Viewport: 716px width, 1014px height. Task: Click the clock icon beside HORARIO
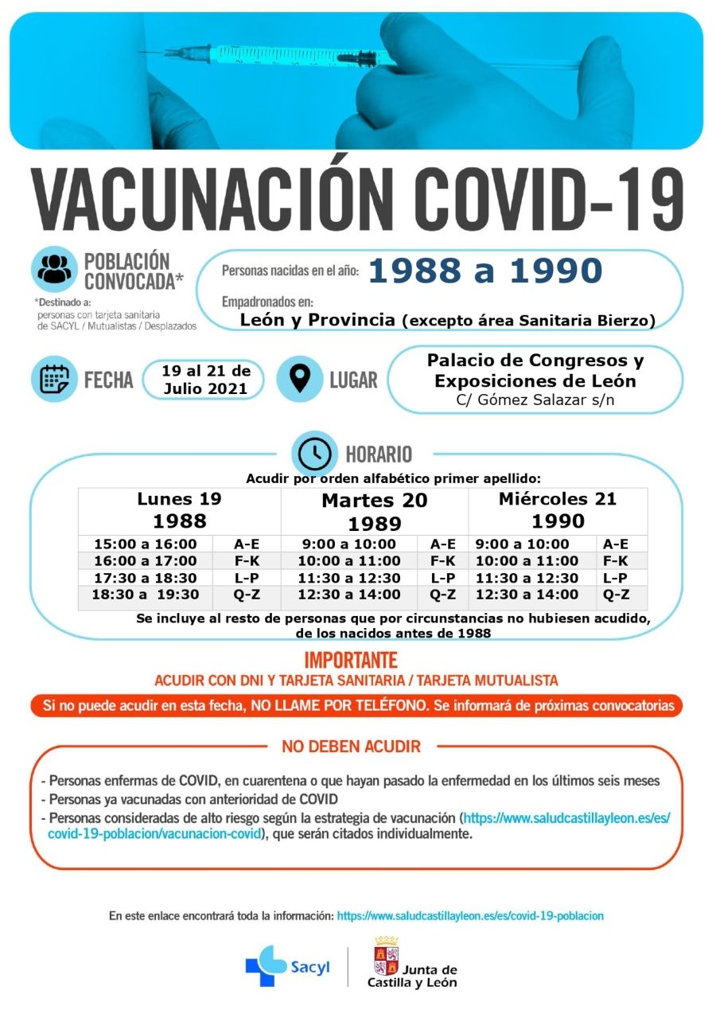tap(315, 453)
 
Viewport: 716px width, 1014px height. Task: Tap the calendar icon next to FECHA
tap(54, 379)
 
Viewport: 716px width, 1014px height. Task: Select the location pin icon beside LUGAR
tap(299, 379)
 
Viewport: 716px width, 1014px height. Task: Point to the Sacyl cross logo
tap(266, 965)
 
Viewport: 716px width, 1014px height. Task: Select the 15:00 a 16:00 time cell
tap(145, 544)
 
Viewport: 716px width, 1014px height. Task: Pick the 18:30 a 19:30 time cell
tap(145, 595)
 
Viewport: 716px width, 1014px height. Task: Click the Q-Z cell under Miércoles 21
tap(616, 595)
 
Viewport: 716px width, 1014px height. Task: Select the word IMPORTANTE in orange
tap(351, 661)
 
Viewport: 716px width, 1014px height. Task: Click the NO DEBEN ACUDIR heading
tap(351, 747)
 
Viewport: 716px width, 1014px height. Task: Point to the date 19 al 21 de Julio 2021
tap(206, 380)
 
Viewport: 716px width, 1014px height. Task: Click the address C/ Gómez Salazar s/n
tap(535, 400)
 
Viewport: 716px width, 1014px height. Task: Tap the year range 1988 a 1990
tap(485, 271)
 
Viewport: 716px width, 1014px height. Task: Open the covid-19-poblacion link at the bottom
tap(470, 916)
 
